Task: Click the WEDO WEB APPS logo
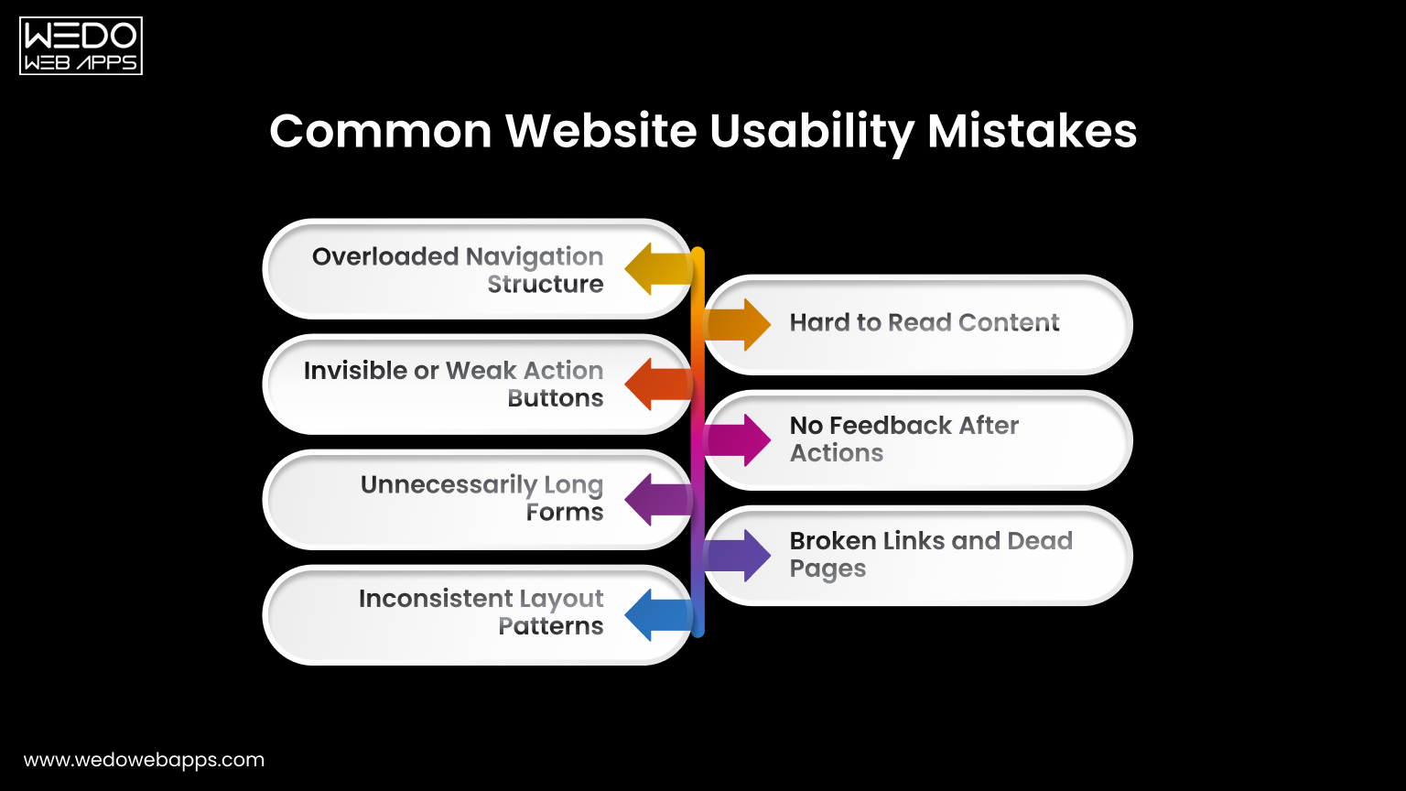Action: [81, 46]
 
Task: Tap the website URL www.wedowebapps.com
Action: [144, 760]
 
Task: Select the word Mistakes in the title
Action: [1032, 131]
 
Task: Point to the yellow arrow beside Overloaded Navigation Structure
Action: [655, 269]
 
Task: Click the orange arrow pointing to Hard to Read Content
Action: [740, 325]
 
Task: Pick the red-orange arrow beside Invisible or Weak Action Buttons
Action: [655, 385]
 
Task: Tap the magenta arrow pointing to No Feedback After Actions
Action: [740, 440]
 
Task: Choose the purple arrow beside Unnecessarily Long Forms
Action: [655, 500]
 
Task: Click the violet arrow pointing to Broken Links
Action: [740, 556]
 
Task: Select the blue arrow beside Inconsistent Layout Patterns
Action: [655, 615]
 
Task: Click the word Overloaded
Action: [384, 256]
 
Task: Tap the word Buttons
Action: [556, 398]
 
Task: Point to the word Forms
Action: [565, 513]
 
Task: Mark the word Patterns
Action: [551, 626]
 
